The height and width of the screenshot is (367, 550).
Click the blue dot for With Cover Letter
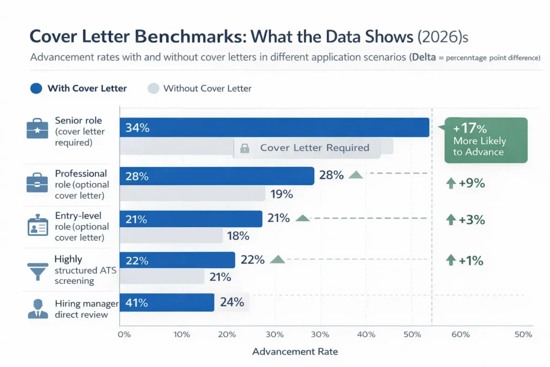(36, 88)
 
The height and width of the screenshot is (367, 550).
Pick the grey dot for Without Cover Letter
(153, 88)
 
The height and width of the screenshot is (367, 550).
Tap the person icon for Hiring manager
(37, 308)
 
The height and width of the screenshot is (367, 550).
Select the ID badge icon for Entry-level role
(37, 226)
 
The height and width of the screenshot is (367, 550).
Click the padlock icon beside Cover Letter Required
(244, 148)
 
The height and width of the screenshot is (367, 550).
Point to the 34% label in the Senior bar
(137, 128)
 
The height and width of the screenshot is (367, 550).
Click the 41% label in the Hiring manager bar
(137, 303)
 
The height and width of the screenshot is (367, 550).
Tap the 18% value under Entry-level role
(238, 235)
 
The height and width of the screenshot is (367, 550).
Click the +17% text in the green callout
(470, 128)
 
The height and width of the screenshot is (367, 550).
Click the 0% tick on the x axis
(124, 334)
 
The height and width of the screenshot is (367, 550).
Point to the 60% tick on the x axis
(461, 334)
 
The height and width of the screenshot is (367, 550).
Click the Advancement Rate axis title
(295, 352)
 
